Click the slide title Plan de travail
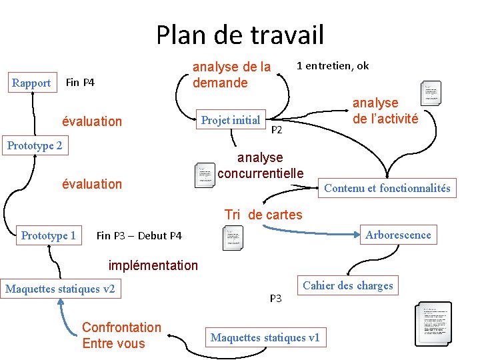point(240,35)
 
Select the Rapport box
point(31,83)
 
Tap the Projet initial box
point(231,120)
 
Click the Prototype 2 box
point(35,145)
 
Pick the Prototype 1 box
point(48,235)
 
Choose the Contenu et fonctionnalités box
point(387,188)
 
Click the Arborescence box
point(398,235)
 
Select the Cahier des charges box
point(347,285)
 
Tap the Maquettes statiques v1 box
point(265,337)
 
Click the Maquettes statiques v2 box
point(60,289)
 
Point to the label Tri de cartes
point(263,215)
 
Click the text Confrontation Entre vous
point(121,335)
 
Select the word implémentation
point(153,265)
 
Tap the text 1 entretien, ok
point(333,65)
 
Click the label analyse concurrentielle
point(260,165)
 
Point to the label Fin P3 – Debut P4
point(139,235)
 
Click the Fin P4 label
point(80,83)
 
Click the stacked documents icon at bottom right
point(433,326)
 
